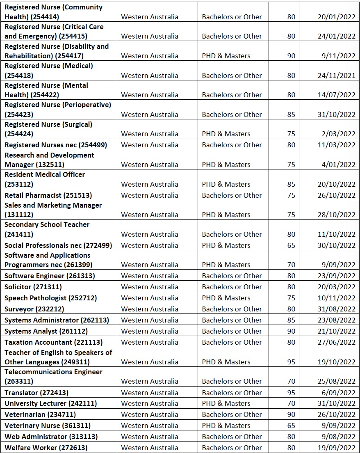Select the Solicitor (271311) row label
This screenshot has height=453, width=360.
[x=33, y=287]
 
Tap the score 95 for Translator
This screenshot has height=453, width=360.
[x=291, y=392]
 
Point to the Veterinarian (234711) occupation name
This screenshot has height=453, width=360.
[x=40, y=414]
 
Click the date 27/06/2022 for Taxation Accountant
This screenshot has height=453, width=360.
[x=336, y=342]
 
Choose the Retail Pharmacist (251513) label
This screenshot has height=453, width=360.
[x=48, y=195]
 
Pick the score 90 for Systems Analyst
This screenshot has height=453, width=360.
[x=291, y=331]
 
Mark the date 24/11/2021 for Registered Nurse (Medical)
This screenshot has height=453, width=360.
[x=336, y=75]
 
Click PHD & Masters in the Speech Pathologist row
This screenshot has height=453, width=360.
[x=226, y=298]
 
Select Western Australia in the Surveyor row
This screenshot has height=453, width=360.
[x=150, y=309]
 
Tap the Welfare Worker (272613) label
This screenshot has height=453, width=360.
[x=46, y=448]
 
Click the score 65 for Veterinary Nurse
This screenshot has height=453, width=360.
[x=291, y=426]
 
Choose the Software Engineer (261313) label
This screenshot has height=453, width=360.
[x=50, y=276]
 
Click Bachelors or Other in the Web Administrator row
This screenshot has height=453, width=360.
[x=232, y=437]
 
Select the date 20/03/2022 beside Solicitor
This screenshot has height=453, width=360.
[x=336, y=287]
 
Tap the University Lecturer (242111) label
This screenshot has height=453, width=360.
[x=51, y=403]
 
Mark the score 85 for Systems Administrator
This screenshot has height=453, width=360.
[x=291, y=320]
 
